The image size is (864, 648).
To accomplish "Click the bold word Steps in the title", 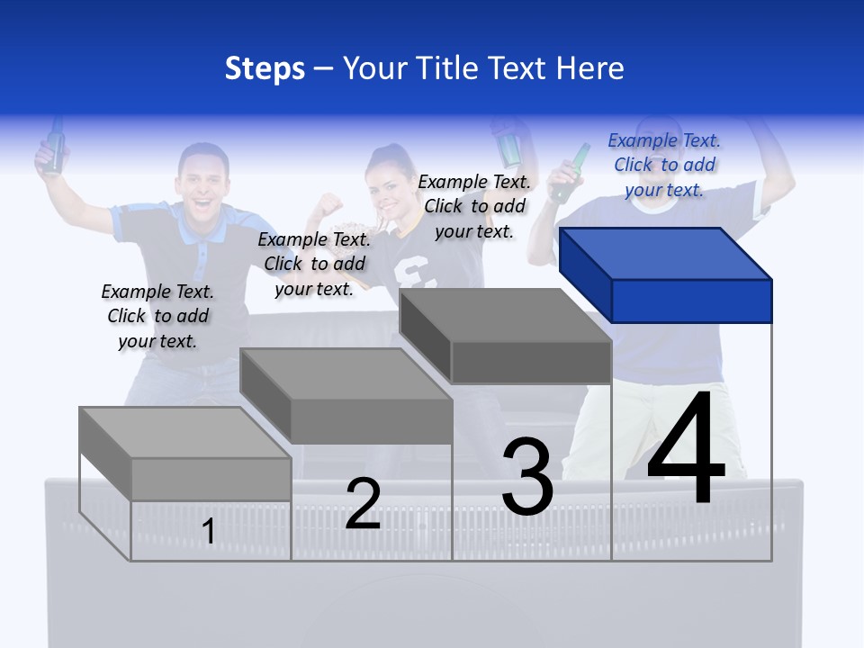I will (x=265, y=68).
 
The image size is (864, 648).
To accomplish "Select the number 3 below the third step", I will (x=527, y=477).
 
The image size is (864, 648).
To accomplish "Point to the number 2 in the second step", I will (x=363, y=504).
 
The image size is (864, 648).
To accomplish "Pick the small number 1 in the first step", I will (x=209, y=532).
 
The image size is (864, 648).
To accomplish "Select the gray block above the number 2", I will (x=346, y=397).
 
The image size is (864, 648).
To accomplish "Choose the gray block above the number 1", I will (x=185, y=454).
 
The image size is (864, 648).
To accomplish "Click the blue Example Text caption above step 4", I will (x=664, y=165).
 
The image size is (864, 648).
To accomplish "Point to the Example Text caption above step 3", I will (x=474, y=206).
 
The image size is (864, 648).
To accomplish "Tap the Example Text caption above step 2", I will (x=314, y=264).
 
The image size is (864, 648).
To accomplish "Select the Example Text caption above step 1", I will (x=157, y=316).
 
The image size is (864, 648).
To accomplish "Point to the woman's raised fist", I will (x=329, y=204).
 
